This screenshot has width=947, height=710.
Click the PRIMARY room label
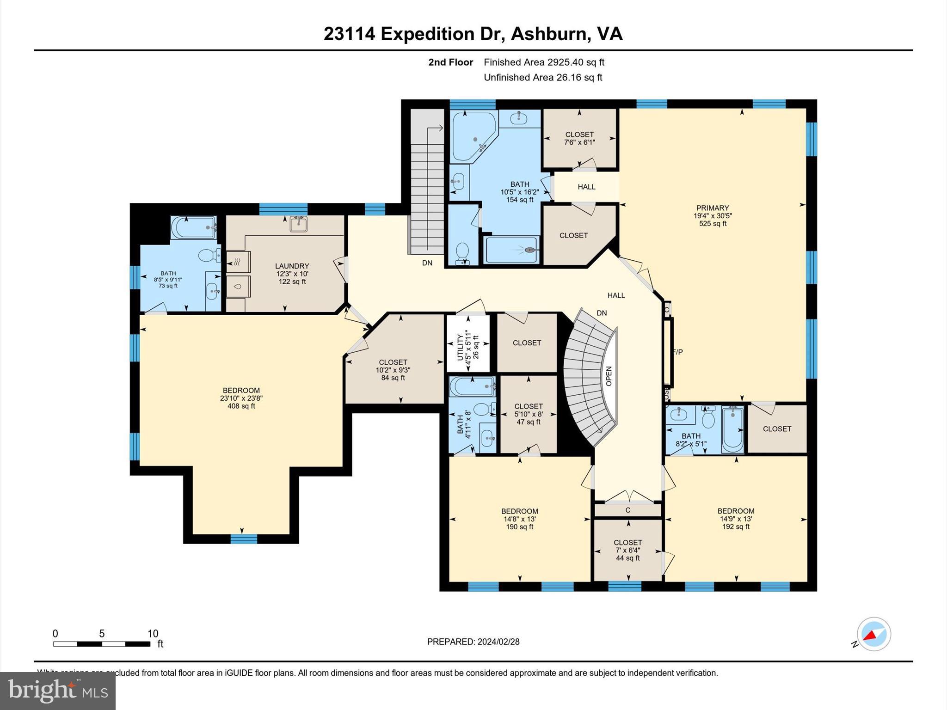pyautogui.click(x=712, y=208)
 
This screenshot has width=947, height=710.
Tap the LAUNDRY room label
pyautogui.click(x=292, y=266)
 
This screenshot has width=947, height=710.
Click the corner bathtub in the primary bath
pyautogui.click(x=473, y=136)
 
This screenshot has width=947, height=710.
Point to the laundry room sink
pyautogui.click(x=298, y=224)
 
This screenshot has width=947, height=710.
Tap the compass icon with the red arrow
pyautogui.click(x=873, y=634)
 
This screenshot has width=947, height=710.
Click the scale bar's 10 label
pyautogui.click(x=153, y=634)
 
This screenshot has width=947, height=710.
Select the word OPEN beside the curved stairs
pyautogui.click(x=609, y=376)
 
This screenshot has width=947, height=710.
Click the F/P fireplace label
pyautogui.click(x=677, y=352)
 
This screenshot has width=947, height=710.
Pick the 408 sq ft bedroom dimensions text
pyautogui.click(x=241, y=398)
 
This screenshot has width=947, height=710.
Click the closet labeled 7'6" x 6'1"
pyautogui.click(x=579, y=139)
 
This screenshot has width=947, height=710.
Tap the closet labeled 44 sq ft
pyautogui.click(x=627, y=550)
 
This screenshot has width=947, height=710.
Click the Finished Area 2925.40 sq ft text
pyautogui.click(x=544, y=62)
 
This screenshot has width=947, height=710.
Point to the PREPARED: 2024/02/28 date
pyautogui.click(x=473, y=642)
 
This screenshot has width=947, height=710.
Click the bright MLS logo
pyautogui.click(x=58, y=691)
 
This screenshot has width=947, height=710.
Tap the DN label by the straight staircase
pyautogui.click(x=427, y=263)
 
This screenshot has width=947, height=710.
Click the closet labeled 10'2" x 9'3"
pyautogui.click(x=393, y=370)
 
